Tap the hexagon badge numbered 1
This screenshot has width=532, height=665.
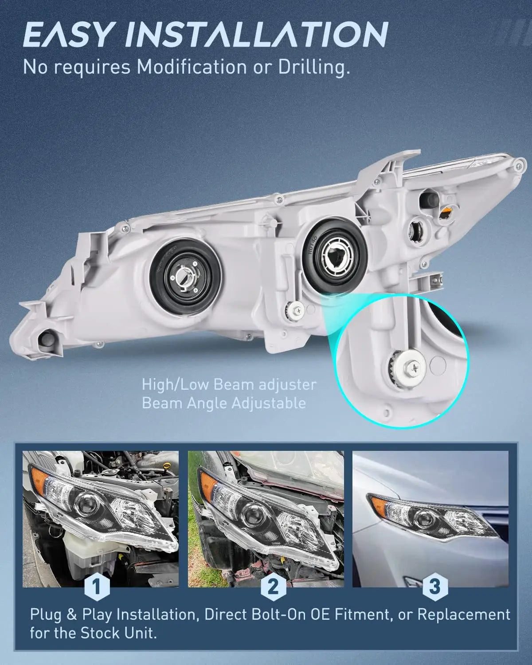97,586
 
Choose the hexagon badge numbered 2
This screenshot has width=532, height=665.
273,586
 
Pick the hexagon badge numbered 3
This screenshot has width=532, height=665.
435,586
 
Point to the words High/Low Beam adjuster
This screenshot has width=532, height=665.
229,385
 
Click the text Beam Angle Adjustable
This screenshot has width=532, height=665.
223,403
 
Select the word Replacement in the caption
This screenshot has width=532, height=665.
464,614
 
